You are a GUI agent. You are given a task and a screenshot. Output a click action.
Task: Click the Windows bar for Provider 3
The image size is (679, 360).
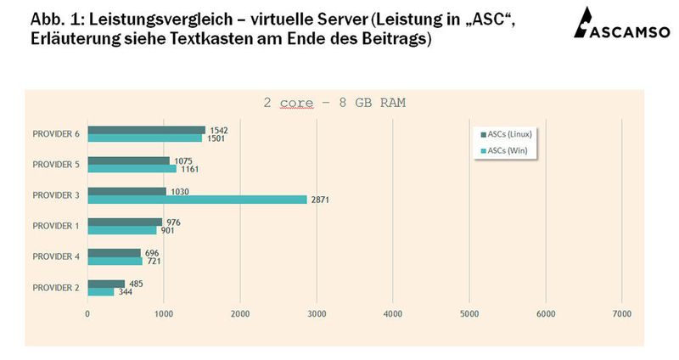coord(197,200)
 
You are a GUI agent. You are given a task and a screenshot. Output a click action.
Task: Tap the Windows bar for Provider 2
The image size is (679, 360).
coord(101,292)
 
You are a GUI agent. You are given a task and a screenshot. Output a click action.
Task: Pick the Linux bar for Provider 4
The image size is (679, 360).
coord(115,253)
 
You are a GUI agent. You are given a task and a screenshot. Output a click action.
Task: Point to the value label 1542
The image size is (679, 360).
coord(220,130)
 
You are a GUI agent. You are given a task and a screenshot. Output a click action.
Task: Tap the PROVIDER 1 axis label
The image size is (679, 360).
coord(56,226)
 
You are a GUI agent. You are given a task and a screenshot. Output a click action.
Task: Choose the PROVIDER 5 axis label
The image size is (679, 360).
coord(56,164)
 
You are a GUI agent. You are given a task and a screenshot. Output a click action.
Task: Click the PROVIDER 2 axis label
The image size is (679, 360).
coord(56,288)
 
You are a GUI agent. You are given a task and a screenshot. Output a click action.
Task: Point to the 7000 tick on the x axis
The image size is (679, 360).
coord(621,313)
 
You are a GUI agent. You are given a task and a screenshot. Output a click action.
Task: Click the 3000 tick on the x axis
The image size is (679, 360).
coord(317,313)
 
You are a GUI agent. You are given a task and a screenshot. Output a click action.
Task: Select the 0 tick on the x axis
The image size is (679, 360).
coord(87,313)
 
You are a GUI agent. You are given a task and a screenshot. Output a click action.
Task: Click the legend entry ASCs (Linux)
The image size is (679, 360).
coord(510,134)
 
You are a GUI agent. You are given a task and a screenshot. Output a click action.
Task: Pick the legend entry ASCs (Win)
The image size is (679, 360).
coord(508,150)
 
